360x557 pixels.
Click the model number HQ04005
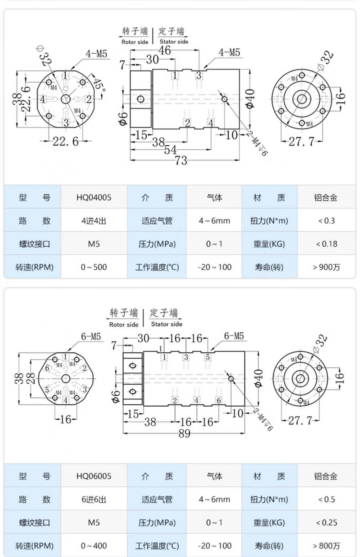click(x=94, y=198)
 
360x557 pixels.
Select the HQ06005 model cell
click(x=94, y=476)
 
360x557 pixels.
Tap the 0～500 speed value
click(x=94, y=267)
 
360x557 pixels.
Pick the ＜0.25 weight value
click(x=326, y=523)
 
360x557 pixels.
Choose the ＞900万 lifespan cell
click(x=326, y=267)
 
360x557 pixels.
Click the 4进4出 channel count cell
click(x=94, y=221)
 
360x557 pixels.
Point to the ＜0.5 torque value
click(x=326, y=500)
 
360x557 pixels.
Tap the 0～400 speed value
click(x=94, y=546)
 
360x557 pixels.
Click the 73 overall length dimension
click(x=181, y=160)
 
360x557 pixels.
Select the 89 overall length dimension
click(x=184, y=433)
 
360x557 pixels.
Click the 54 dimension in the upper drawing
click(x=170, y=150)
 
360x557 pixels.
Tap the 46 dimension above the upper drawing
click(x=164, y=51)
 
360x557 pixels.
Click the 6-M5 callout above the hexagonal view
click(x=91, y=336)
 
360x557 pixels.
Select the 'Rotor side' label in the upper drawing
click(x=135, y=42)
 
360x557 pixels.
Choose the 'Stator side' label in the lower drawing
click(x=167, y=324)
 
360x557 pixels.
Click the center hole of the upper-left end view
click(x=66, y=99)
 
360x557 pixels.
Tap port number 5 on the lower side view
click(x=208, y=357)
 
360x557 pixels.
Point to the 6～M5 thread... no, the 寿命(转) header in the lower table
click(x=269, y=546)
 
